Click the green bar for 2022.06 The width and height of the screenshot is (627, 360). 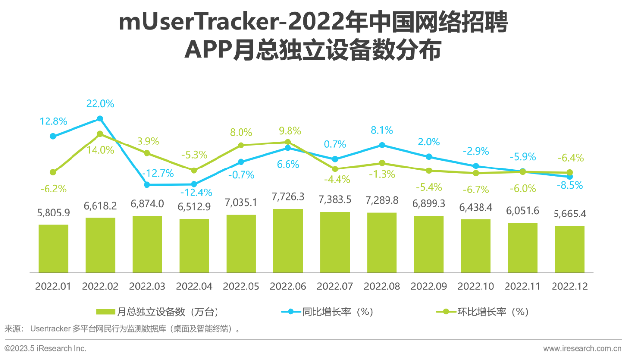tap(288, 240)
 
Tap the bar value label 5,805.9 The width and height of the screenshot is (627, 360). tap(53, 213)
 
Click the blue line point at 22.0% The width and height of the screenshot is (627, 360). tap(100, 119)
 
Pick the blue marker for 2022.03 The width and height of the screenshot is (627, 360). tap(147, 185)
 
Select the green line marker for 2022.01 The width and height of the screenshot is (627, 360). tap(53, 172)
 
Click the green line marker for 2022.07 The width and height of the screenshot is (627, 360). tap(335, 169)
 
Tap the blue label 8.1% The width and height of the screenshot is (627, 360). tap(382, 130)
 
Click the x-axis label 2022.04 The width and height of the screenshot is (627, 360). tap(194, 287)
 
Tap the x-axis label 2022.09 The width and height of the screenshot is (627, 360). tap(429, 287)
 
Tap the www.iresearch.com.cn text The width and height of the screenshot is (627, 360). tap(582, 349)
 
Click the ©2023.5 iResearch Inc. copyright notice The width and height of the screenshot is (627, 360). tap(45, 349)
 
